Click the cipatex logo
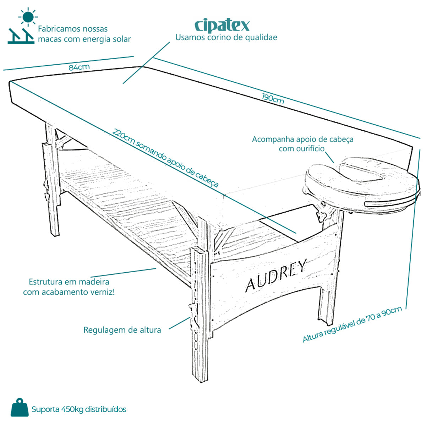[x=222, y=26]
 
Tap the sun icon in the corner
[x=28, y=17]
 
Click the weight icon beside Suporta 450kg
[x=20, y=408]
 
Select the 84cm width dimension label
[x=79, y=67]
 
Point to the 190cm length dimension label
[x=273, y=99]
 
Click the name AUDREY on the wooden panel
[x=276, y=275]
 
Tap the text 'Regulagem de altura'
[x=122, y=330]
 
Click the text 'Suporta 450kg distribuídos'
[x=79, y=409]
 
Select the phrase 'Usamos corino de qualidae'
[x=226, y=37]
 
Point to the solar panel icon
[x=21, y=36]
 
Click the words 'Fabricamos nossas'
[x=73, y=29]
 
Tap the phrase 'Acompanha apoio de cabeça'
[x=303, y=139]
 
